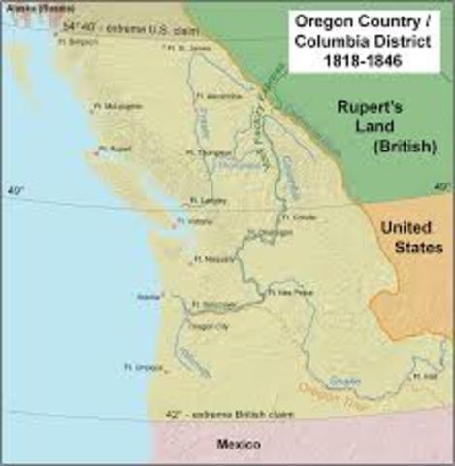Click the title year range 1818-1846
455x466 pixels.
pyautogui.click(x=365, y=57)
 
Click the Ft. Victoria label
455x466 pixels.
pyautogui.click(x=200, y=221)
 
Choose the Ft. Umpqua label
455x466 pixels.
pyautogui.click(x=145, y=367)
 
